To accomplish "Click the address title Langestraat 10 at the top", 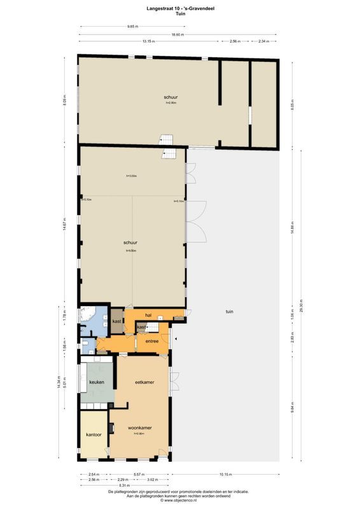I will (179, 8).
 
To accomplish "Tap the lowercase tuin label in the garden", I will (229, 311).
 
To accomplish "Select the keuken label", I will (96, 383).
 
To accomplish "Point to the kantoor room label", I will (93, 435).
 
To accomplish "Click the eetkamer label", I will (141, 382).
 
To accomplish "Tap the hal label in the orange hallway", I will (148, 315).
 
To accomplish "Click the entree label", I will (151, 342).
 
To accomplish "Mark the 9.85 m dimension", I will (133, 27).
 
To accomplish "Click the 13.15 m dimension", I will (149, 41).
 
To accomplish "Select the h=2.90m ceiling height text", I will (170, 102).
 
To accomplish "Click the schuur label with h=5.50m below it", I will (132, 242).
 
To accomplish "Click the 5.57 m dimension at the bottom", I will (137, 475).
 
